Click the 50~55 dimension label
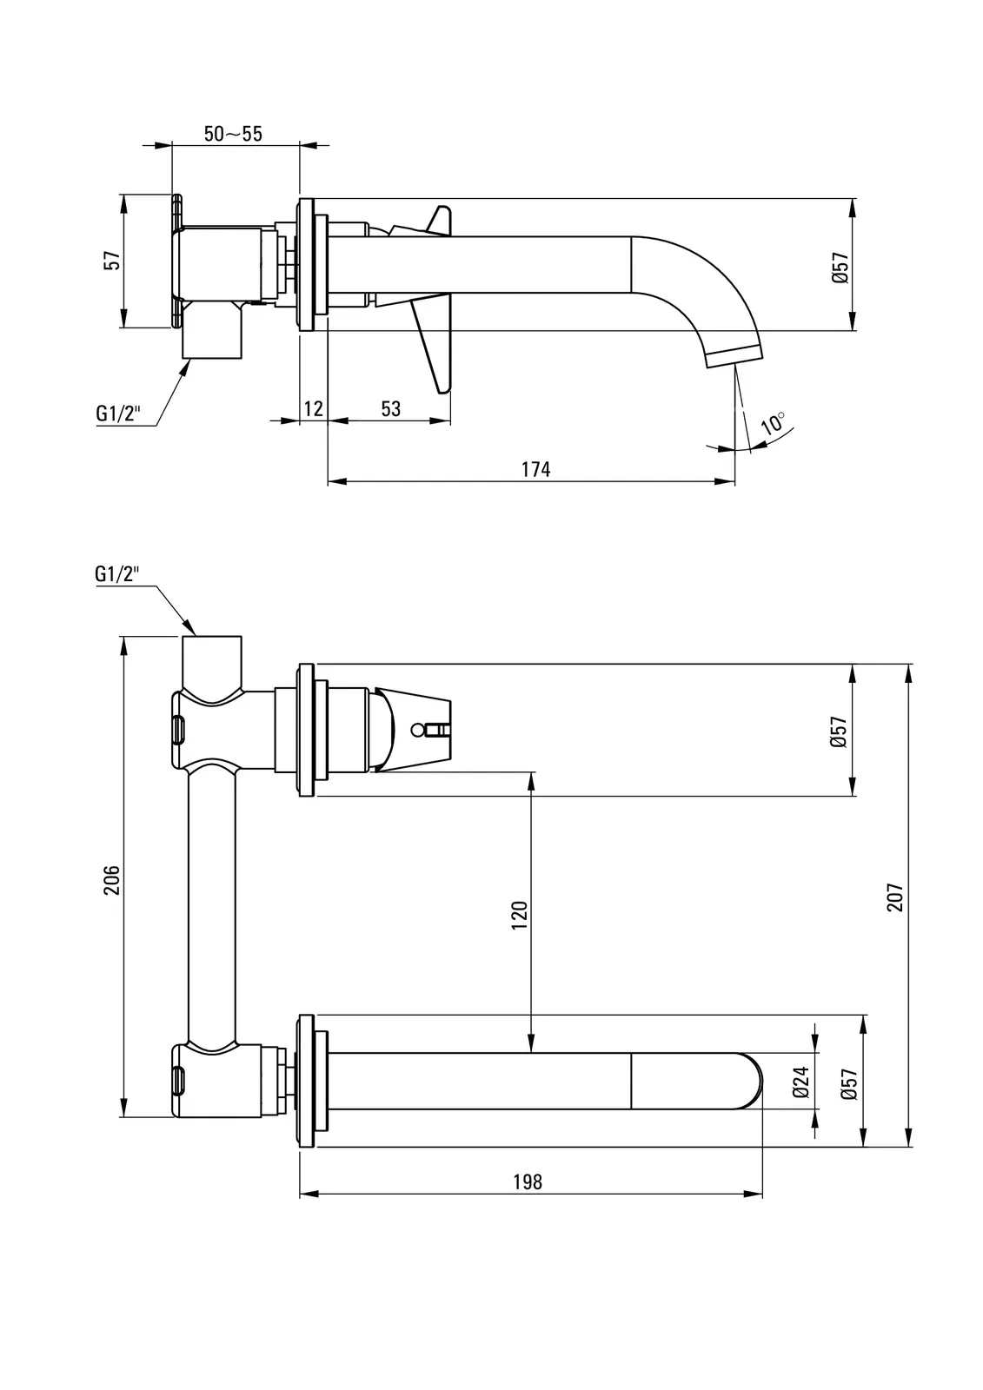click(233, 134)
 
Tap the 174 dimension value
click(535, 469)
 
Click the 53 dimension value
click(391, 408)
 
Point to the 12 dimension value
click(314, 408)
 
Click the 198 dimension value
click(528, 1181)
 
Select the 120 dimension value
click(519, 916)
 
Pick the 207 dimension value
click(896, 897)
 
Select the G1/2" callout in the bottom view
click(117, 573)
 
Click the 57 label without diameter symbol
click(111, 261)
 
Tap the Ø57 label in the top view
click(839, 267)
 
